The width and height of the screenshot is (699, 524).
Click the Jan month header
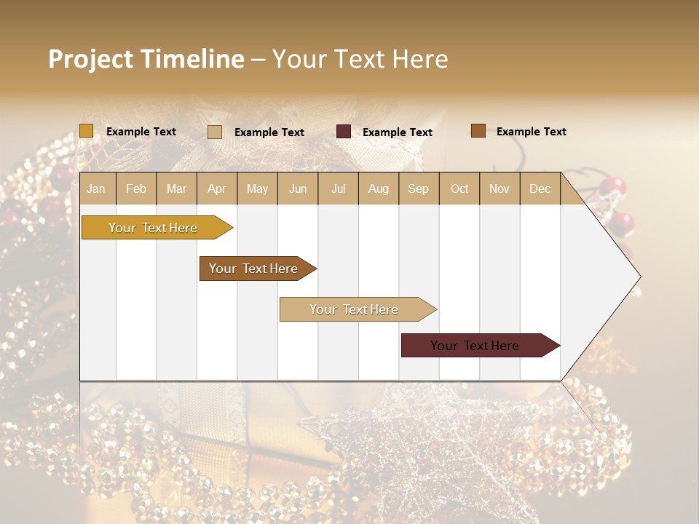(x=96, y=188)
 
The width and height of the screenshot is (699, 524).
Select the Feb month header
(x=136, y=188)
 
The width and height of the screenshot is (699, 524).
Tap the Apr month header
(x=217, y=188)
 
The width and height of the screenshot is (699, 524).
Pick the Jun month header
(x=298, y=188)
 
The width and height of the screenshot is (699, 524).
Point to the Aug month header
(x=379, y=188)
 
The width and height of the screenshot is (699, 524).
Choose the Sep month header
(x=419, y=188)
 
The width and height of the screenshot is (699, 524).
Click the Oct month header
(x=459, y=188)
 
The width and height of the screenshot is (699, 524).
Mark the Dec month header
(x=540, y=188)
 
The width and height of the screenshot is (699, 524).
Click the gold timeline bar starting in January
(x=153, y=228)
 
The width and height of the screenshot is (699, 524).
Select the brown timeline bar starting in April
(x=253, y=269)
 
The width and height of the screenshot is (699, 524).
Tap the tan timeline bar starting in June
(x=354, y=309)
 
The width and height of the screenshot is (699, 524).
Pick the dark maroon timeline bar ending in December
(x=475, y=346)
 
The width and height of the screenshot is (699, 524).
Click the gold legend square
(x=87, y=131)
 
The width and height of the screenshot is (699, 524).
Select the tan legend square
(x=215, y=132)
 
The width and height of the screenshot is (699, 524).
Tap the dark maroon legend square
(x=344, y=132)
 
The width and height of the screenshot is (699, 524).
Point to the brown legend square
(x=478, y=131)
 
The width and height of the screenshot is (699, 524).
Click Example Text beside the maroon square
(x=398, y=132)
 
